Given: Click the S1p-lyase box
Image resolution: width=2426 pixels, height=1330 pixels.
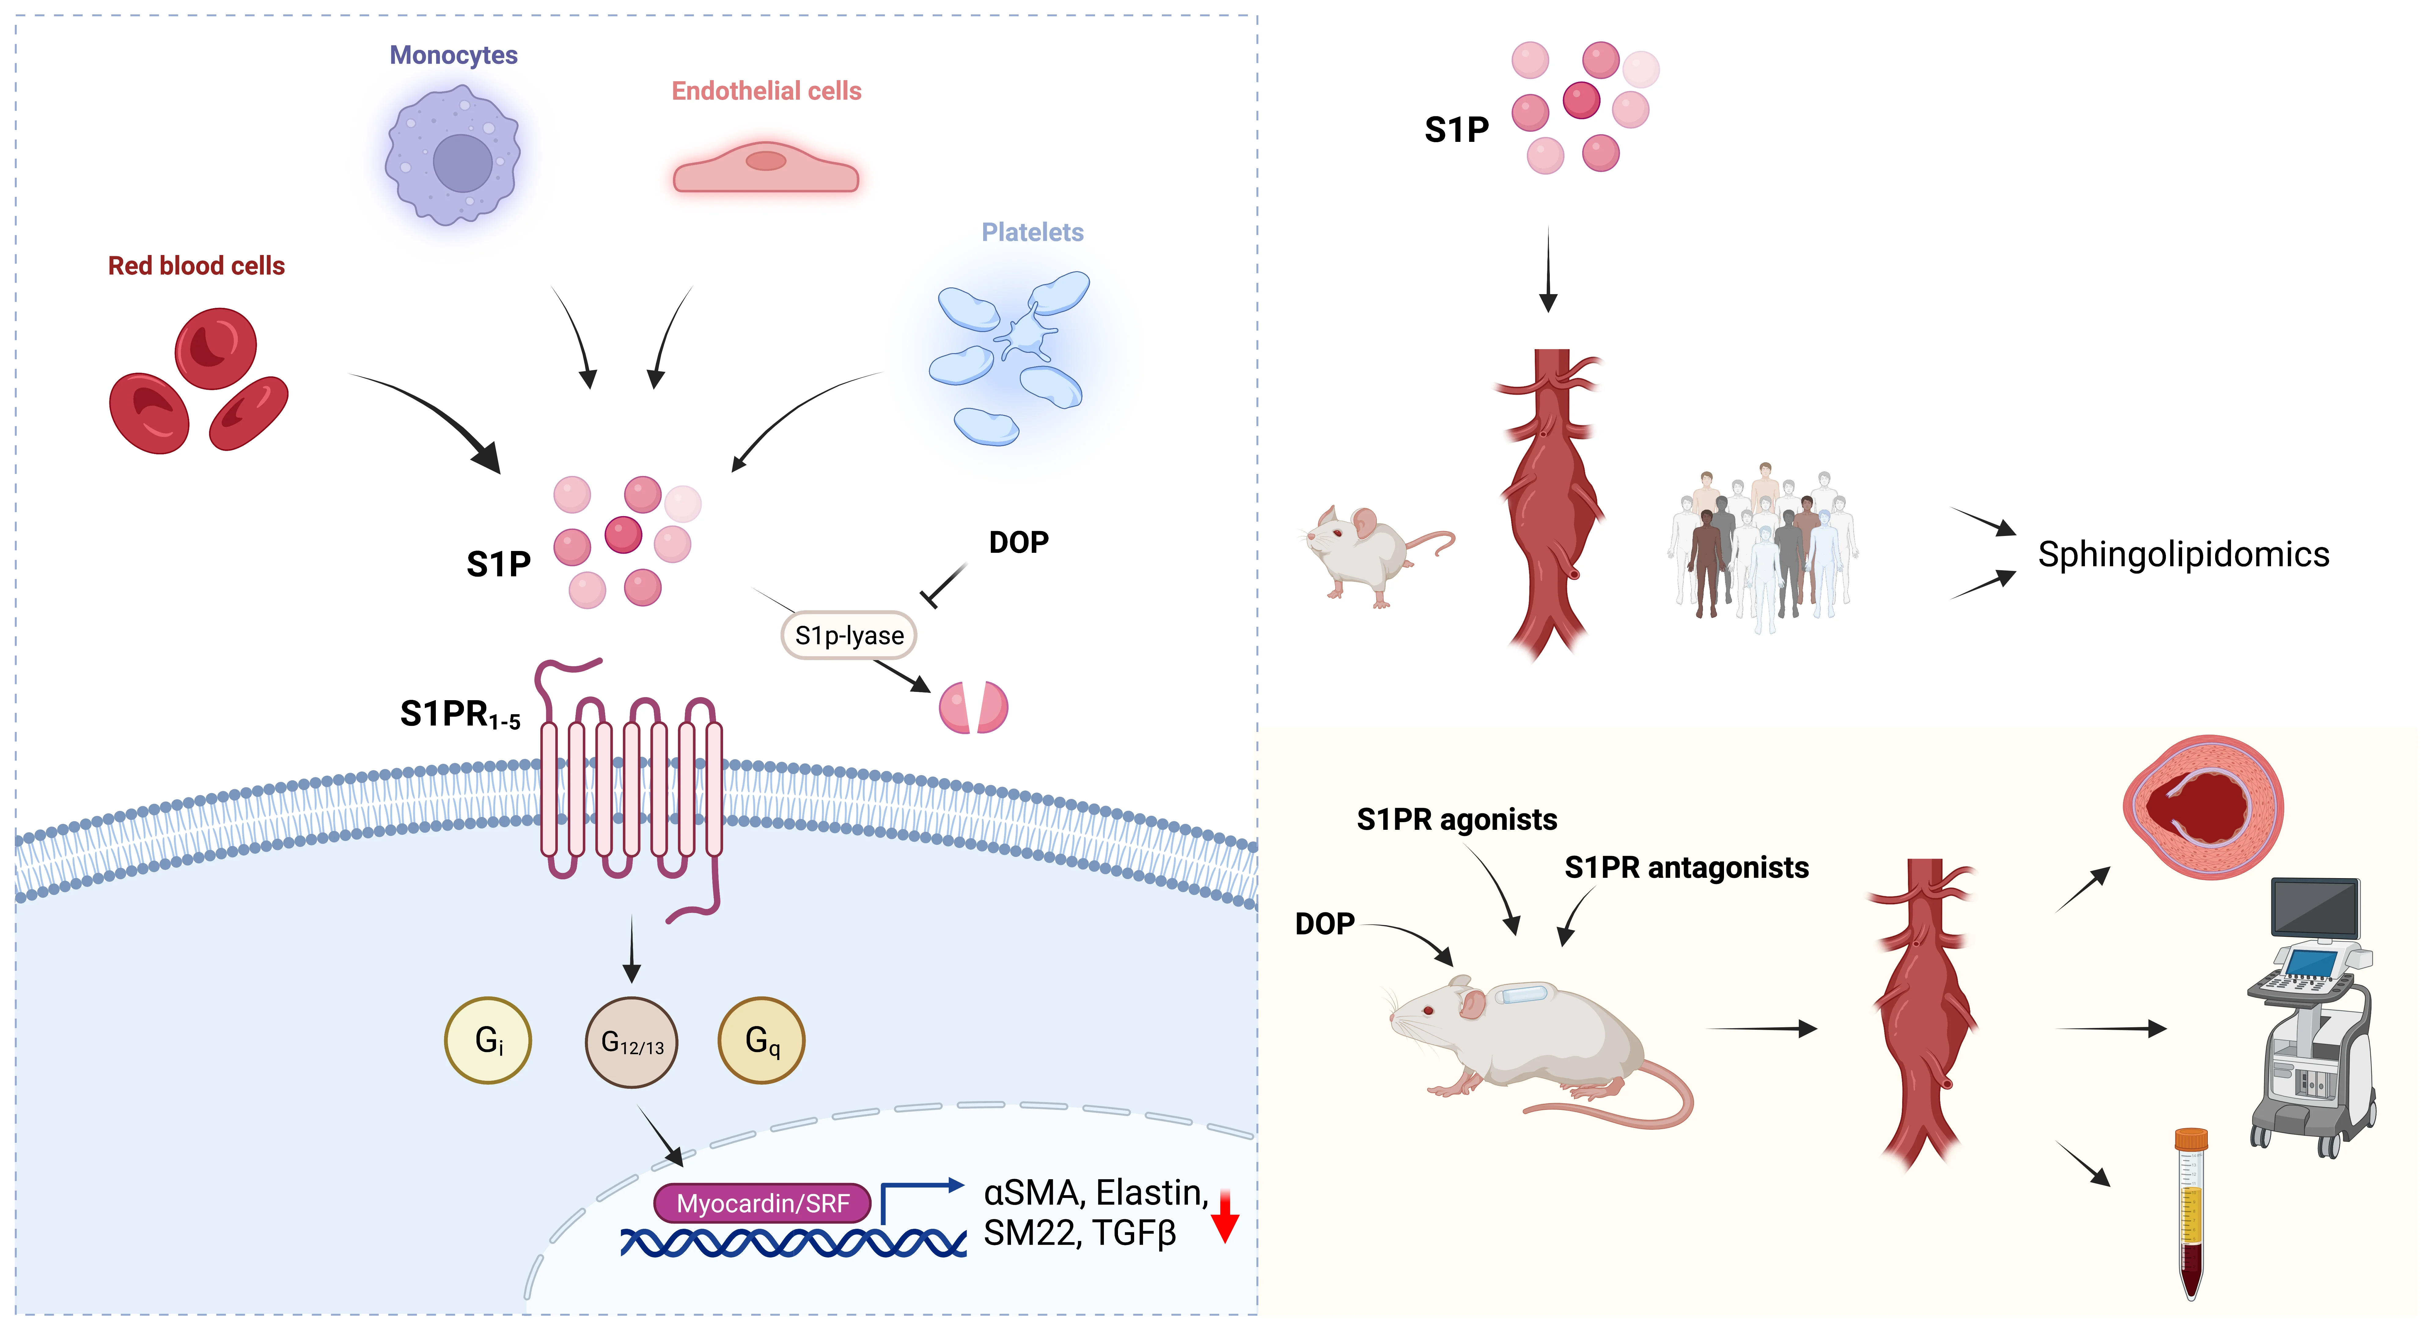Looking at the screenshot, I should point(848,636).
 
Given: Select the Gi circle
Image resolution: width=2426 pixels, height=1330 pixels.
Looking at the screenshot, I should point(488,1041).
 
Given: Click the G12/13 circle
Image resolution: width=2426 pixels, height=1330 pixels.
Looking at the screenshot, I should point(632,1043).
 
